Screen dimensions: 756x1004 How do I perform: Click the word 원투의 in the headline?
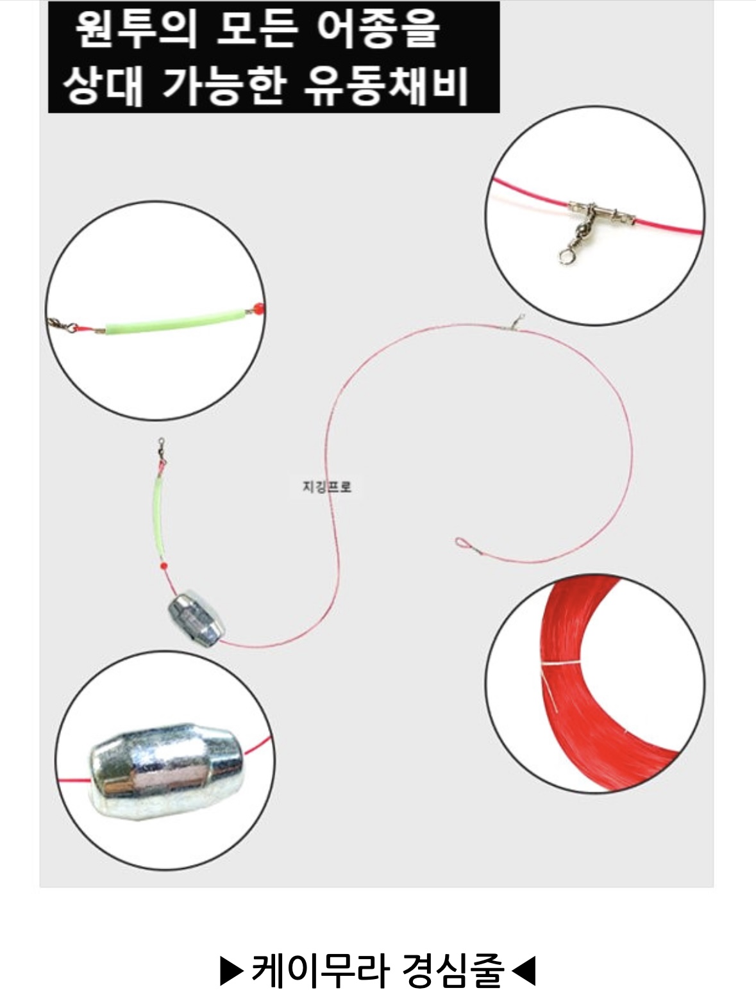coord(136,29)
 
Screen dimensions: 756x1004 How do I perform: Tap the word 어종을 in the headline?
coord(378,29)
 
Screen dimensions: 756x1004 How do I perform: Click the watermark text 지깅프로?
coord(327,486)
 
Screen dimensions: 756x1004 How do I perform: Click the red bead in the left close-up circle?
coord(258,309)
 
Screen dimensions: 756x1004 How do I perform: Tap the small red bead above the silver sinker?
coord(164,566)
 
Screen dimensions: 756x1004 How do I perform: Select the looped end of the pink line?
coord(460,543)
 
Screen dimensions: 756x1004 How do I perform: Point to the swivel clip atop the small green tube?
coord(161,450)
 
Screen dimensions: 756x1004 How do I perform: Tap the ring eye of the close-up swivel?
coord(566,257)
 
